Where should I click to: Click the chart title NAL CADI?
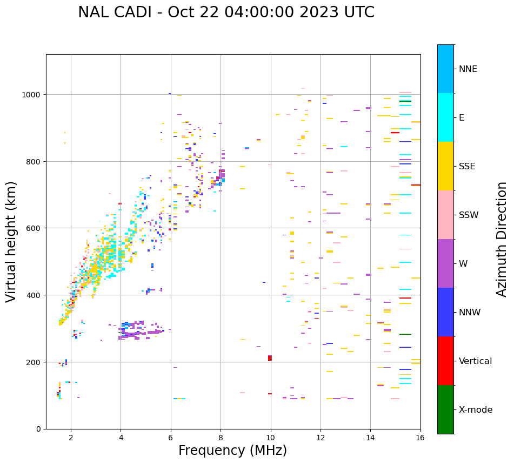pos(226,12)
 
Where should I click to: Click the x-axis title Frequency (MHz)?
pos(232,451)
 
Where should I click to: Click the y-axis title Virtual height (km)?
pos(11,241)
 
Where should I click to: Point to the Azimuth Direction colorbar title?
pos(502,239)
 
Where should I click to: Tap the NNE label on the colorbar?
pos(468,69)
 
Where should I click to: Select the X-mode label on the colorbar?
pos(476,410)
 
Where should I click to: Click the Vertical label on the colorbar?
pos(476,361)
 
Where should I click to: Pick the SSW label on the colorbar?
pos(469,215)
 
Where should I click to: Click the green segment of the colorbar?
pos(445,409)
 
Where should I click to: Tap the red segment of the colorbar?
pos(445,361)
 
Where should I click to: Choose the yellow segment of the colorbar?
pos(445,166)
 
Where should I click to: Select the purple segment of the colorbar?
pos(445,263)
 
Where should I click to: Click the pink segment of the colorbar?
pos(445,215)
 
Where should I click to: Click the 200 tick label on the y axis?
pos(34,362)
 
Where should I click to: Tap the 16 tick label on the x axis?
pos(420,438)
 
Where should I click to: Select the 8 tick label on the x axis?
pos(221,438)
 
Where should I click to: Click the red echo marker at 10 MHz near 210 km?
pos(270,358)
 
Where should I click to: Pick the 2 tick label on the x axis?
pos(71,438)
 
